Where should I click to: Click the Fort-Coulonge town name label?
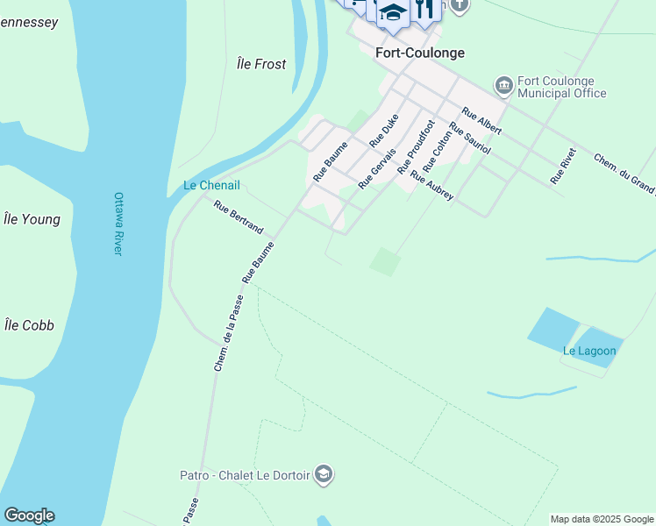click(x=419, y=53)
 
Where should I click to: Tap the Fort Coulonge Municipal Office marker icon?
click(x=504, y=85)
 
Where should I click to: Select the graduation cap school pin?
click(x=392, y=13)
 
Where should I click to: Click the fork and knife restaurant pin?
click(x=424, y=9)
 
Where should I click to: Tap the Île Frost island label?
click(x=261, y=64)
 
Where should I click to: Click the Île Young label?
click(x=32, y=219)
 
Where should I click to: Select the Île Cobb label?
click(x=29, y=325)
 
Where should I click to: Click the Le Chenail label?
click(x=211, y=185)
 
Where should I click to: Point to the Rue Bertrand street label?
click(x=239, y=217)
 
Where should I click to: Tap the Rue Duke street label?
click(x=384, y=130)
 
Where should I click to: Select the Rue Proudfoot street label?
click(x=416, y=146)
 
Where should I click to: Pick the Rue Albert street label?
click(x=481, y=121)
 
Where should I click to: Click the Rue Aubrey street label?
click(x=432, y=186)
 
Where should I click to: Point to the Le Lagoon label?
click(x=589, y=352)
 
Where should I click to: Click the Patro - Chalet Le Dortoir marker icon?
click(x=324, y=474)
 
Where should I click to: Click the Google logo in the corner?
click(x=29, y=515)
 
